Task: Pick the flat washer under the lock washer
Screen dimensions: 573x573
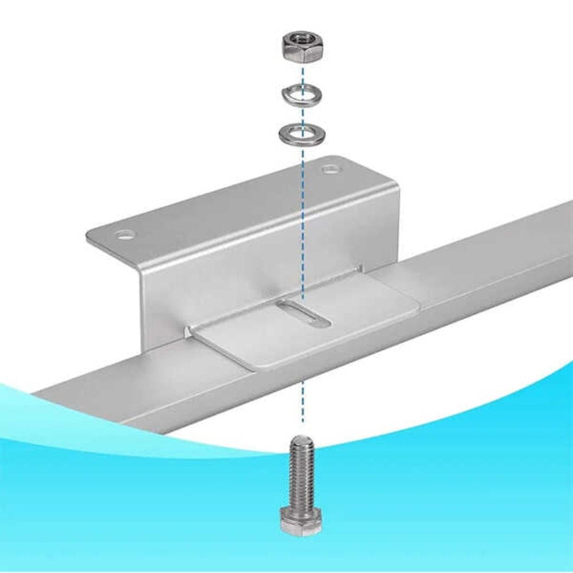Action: tap(299, 134)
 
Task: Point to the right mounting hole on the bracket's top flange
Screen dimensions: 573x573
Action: tap(330, 169)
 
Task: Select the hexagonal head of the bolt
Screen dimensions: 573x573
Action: tap(301, 522)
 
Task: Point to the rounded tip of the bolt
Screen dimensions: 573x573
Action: tap(299, 440)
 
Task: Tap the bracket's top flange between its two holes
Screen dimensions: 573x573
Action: tap(229, 201)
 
